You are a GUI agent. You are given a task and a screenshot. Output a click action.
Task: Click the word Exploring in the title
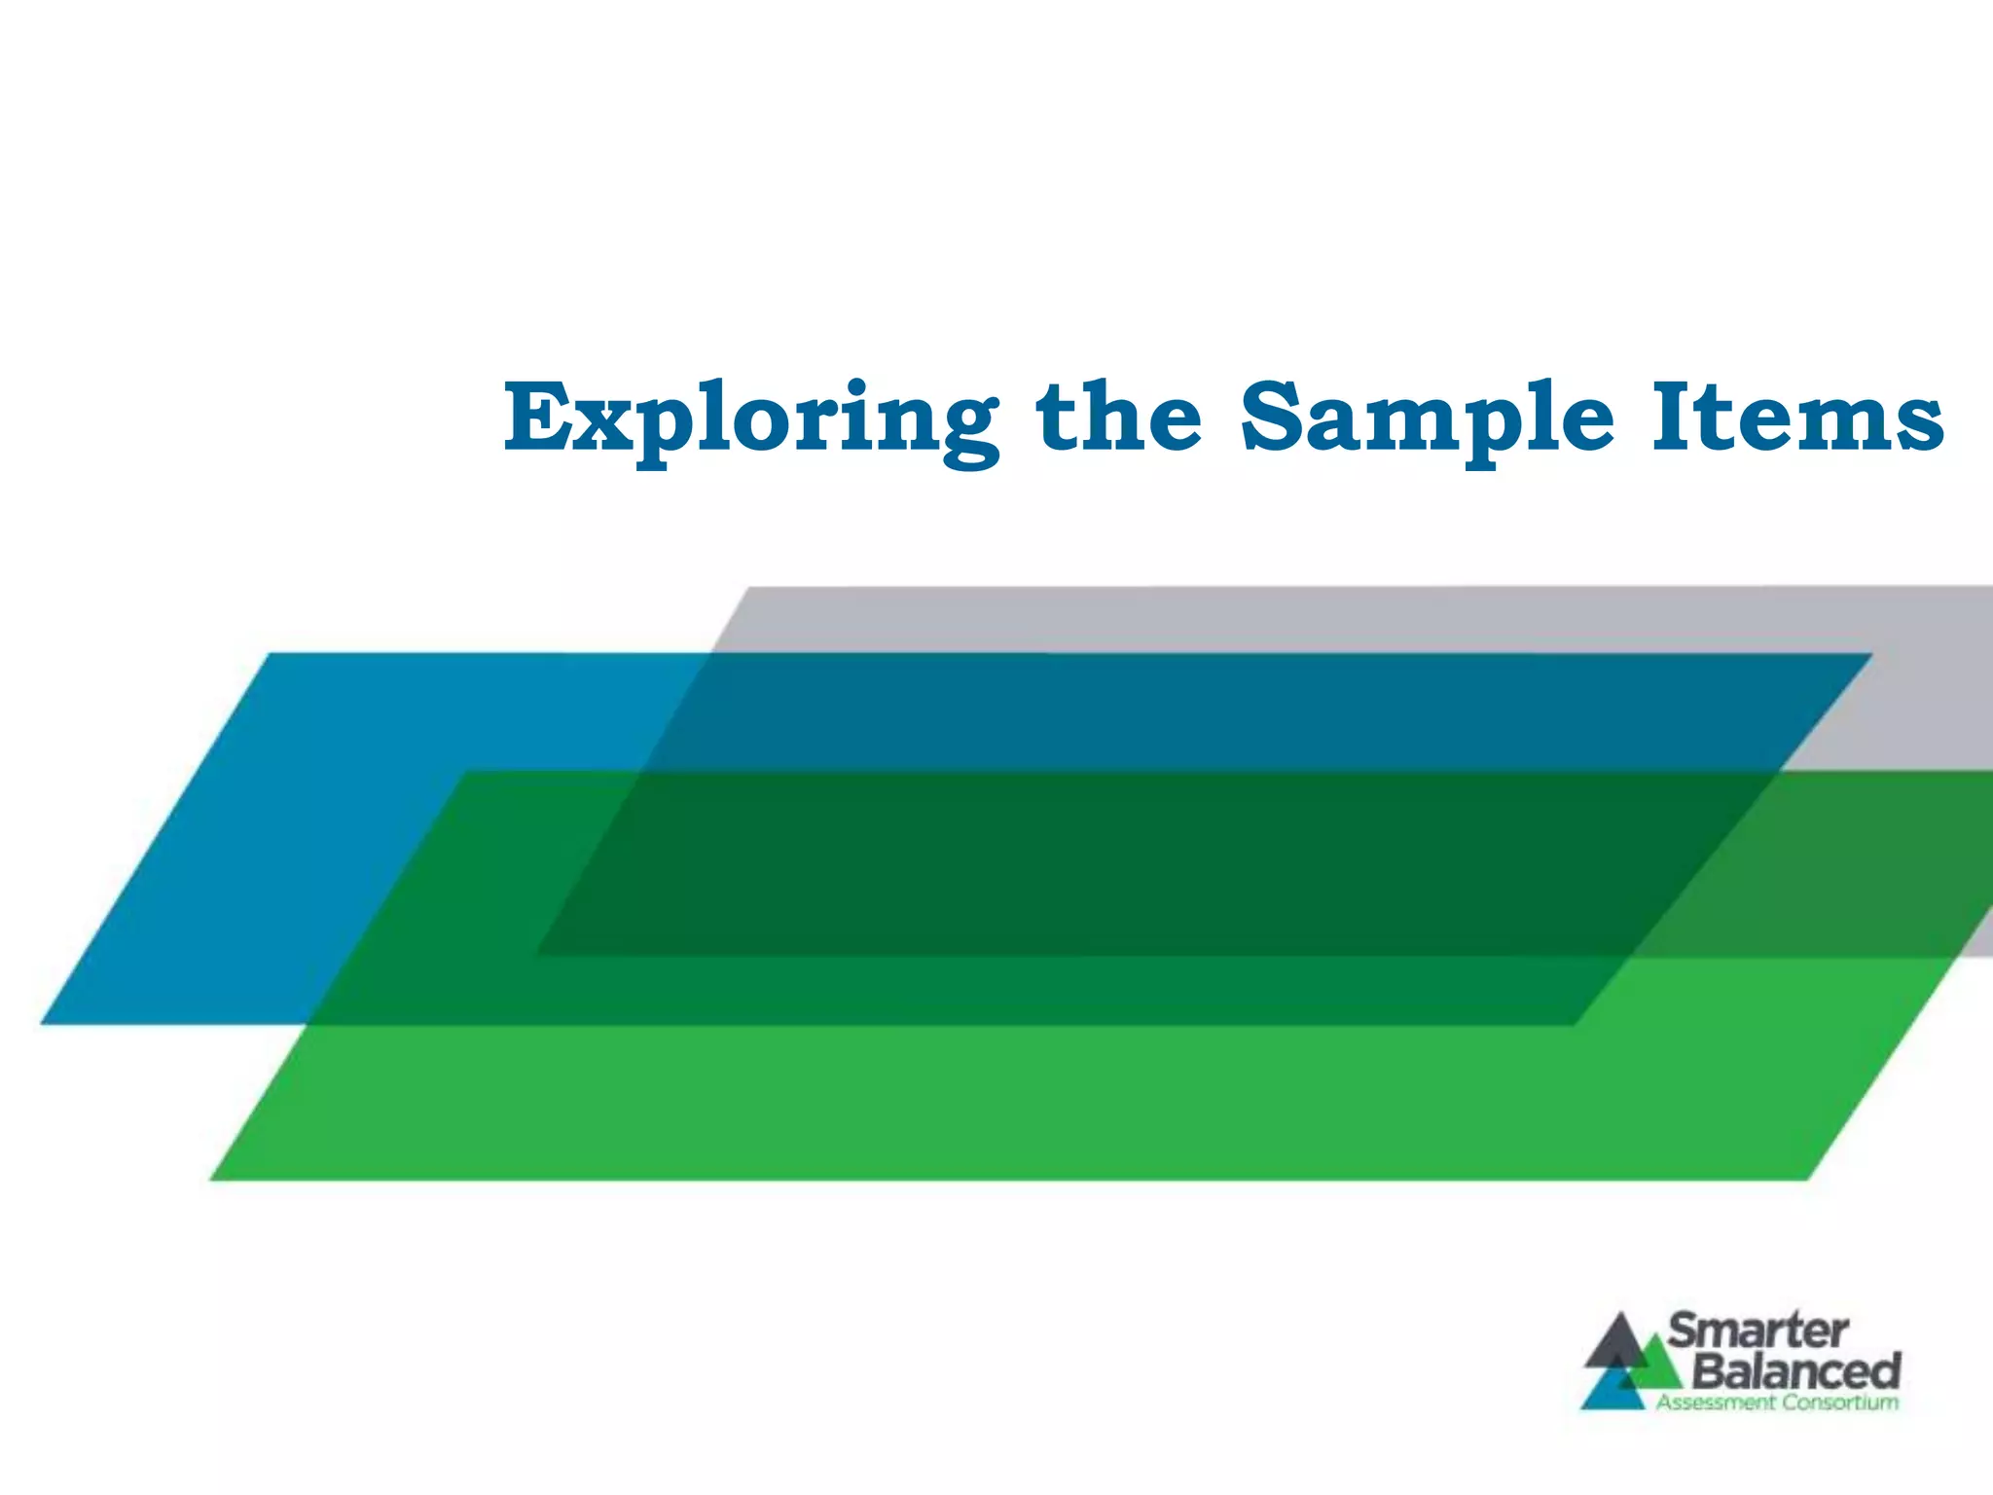749,420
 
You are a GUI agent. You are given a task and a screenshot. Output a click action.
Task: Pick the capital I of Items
1673,419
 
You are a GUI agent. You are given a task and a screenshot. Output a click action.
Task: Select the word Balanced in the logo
1796,1370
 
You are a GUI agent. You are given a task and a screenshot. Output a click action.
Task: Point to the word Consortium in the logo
1840,1403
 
